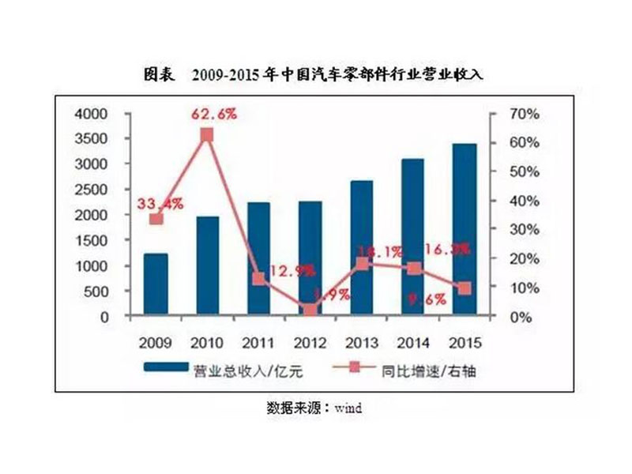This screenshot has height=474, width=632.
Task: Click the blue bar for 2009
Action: click(156, 285)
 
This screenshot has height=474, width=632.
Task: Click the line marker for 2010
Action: click(206, 135)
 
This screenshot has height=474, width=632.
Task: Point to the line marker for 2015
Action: click(465, 288)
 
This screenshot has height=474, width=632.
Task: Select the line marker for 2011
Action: click(258, 279)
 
